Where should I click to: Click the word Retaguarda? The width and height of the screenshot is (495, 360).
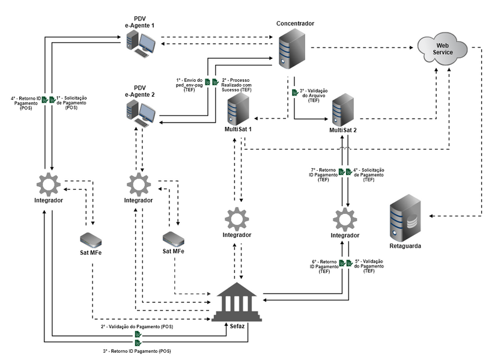point(404,246)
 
